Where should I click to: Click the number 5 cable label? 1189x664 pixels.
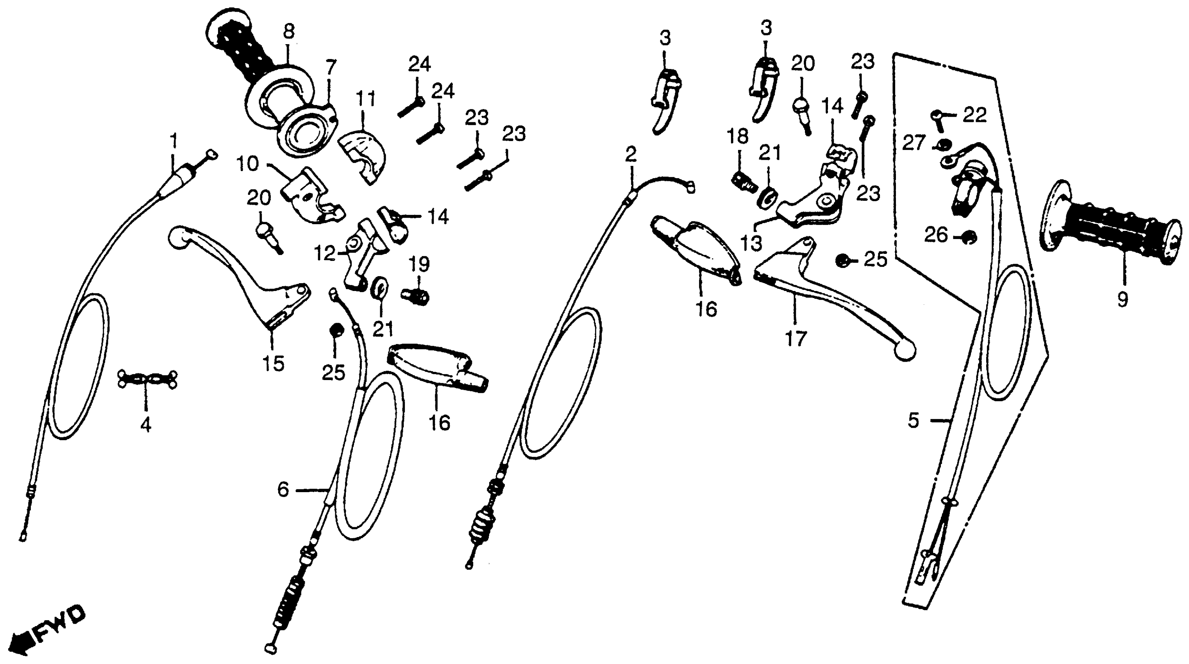pos(914,420)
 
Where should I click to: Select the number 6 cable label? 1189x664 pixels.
pos(283,489)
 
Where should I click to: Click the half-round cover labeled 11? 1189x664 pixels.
pos(365,157)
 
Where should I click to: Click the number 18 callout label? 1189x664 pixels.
pos(737,137)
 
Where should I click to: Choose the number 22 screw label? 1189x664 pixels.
pos(974,115)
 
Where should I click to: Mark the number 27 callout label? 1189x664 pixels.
pos(914,143)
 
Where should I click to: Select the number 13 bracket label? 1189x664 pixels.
pos(751,243)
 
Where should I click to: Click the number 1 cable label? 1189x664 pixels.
pos(173,140)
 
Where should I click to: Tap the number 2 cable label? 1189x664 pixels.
pos(631,154)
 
